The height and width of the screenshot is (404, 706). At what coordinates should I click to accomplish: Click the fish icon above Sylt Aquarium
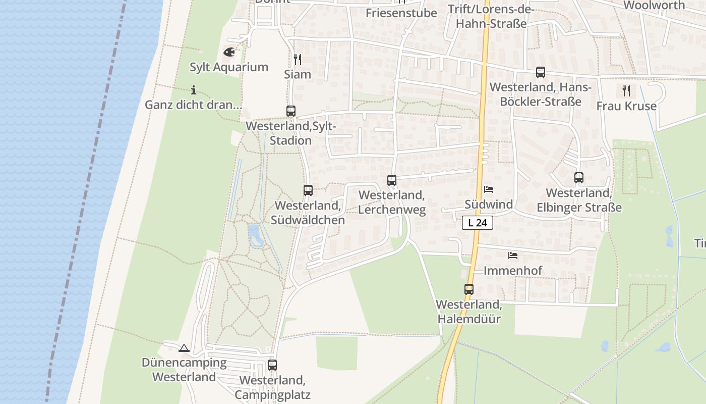click(228, 52)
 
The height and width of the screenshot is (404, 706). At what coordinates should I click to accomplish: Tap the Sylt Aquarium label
click(229, 67)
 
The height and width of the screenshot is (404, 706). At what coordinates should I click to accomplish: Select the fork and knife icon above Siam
click(298, 60)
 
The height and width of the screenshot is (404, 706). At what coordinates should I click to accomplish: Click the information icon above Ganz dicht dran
click(194, 90)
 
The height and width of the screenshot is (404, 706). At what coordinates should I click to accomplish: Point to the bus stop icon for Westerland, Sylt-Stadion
click(291, 111)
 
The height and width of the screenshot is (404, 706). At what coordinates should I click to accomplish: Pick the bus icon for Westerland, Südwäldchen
click(308, 190)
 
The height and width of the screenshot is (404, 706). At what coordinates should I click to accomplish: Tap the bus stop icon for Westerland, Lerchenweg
click(392, 180)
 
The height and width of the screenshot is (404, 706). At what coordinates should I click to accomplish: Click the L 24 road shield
click(477, 222)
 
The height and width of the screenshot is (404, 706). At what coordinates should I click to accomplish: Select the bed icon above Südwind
click(489, 190)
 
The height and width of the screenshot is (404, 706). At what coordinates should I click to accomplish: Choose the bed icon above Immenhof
click(513, 256)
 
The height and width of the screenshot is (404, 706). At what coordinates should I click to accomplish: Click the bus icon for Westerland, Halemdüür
click(469, 289)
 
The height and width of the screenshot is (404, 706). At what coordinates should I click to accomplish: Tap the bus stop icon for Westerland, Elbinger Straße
click(579, 178)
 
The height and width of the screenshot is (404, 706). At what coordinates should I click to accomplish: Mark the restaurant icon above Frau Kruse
click(626, 91)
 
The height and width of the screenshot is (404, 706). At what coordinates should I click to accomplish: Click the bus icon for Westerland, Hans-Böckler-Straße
click(541, 72)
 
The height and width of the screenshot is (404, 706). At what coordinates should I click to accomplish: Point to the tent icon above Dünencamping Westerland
click(184, 348)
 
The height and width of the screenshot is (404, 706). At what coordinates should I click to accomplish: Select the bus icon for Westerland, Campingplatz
click(272, 365)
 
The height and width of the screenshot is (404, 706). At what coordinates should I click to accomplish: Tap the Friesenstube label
click(401, 13)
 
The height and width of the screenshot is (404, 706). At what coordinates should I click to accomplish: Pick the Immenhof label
click(513, 271)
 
